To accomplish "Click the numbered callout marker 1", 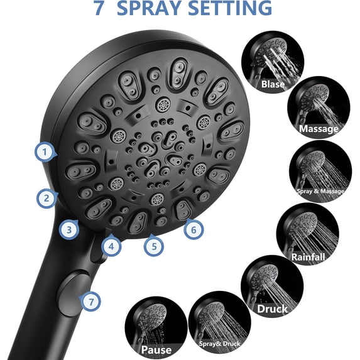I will point(43,151).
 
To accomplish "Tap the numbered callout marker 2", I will point(46,199).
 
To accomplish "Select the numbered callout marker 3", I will point(70,230).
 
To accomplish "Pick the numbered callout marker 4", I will point(111,246).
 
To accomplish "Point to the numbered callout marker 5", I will point(153,246).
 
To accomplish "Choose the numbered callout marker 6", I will point(194,230).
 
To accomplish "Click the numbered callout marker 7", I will point(92,301).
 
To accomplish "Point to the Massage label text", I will point(319,129).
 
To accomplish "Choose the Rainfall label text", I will point(308,256).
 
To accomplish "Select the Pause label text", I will point(156,350).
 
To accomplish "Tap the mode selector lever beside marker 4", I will point(97,251).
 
